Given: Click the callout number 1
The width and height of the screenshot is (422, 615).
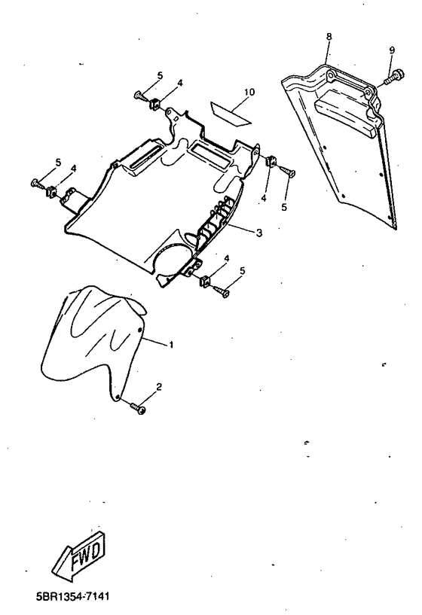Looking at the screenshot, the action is click(x=171, y=346).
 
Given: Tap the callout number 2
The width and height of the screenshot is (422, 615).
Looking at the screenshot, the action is click(x=159, y=387).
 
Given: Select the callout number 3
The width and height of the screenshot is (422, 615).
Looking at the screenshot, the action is click(x=258, y=233).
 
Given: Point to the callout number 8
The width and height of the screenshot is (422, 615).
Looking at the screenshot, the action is click(x=329, y=36).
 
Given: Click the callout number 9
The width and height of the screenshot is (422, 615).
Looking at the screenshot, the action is click(x=392, y=50).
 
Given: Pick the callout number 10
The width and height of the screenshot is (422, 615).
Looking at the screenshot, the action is click(x=249, y=92).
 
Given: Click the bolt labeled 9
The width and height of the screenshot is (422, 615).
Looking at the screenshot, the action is click(x=393, y=77).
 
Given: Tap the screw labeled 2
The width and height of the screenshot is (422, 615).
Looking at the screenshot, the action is click(x=137, y=408).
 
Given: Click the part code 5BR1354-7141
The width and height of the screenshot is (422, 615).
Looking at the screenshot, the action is click(x=72, y=597).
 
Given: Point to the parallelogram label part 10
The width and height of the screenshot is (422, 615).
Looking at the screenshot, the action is click(x=231, y=113).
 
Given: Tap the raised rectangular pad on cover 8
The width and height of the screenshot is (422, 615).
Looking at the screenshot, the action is click(x=344, y=113).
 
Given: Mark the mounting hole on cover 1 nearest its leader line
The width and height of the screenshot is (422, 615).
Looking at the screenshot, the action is click(x=139, y=330).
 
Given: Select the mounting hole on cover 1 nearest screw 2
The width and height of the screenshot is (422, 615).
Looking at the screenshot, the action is click(x=117, y=396).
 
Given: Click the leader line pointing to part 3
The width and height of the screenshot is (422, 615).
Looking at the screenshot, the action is click(x=241, y=230).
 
